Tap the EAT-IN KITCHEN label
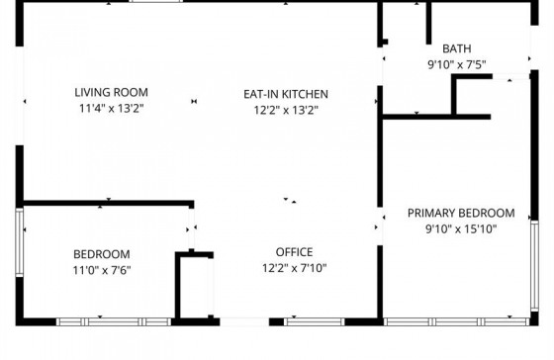(286, 94)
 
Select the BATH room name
(456, 48)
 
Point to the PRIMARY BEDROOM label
(461, 213)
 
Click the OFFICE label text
(294, 251)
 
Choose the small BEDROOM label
(101, 254)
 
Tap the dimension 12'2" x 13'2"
(286, 111)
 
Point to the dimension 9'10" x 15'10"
(461, 228)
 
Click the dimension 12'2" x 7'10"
(294, 268)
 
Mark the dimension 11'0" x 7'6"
(101, 270)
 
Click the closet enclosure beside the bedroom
(195, 287)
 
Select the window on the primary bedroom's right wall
(534, 262)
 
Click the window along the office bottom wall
(315, 321)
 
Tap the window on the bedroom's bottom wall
(114, 321)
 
